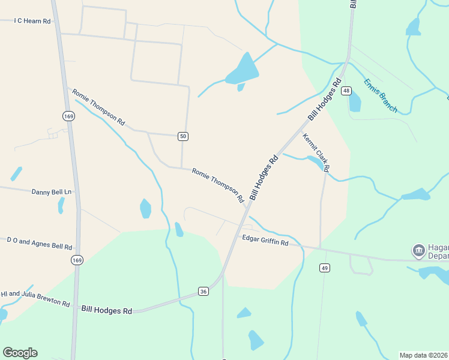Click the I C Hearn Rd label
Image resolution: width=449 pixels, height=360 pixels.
point(32,20)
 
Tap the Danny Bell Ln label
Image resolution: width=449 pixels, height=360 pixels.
point(51,192)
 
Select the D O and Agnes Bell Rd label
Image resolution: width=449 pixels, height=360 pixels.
point(39,244)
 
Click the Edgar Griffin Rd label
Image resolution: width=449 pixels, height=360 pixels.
point(265,241)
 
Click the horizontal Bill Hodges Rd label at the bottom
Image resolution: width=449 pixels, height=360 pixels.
point(106,311)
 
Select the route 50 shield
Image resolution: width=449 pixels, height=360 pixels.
point(183,137)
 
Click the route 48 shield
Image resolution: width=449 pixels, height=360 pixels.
point(346,91)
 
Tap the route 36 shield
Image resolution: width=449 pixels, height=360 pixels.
point(203,292)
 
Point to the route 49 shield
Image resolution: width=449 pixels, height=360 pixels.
point(324,268)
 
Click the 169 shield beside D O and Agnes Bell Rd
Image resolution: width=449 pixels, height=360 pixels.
point(76,260)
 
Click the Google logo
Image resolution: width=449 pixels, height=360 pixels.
point(20,352)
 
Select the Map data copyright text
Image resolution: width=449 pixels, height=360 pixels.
point(423,355)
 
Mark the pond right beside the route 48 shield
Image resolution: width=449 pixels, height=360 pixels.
point(355,101)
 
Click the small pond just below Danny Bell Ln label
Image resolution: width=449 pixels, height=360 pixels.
point(61,205)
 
